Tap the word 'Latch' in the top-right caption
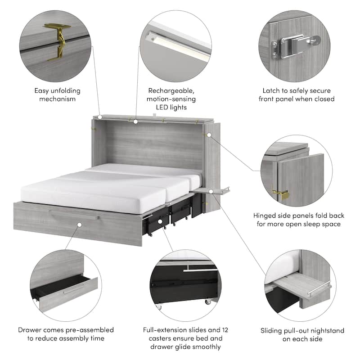tap(271, 90)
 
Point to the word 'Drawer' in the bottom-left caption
tap(30, 330)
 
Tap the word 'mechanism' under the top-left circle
tap(57, 99)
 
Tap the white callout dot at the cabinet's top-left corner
tap(100, 117)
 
